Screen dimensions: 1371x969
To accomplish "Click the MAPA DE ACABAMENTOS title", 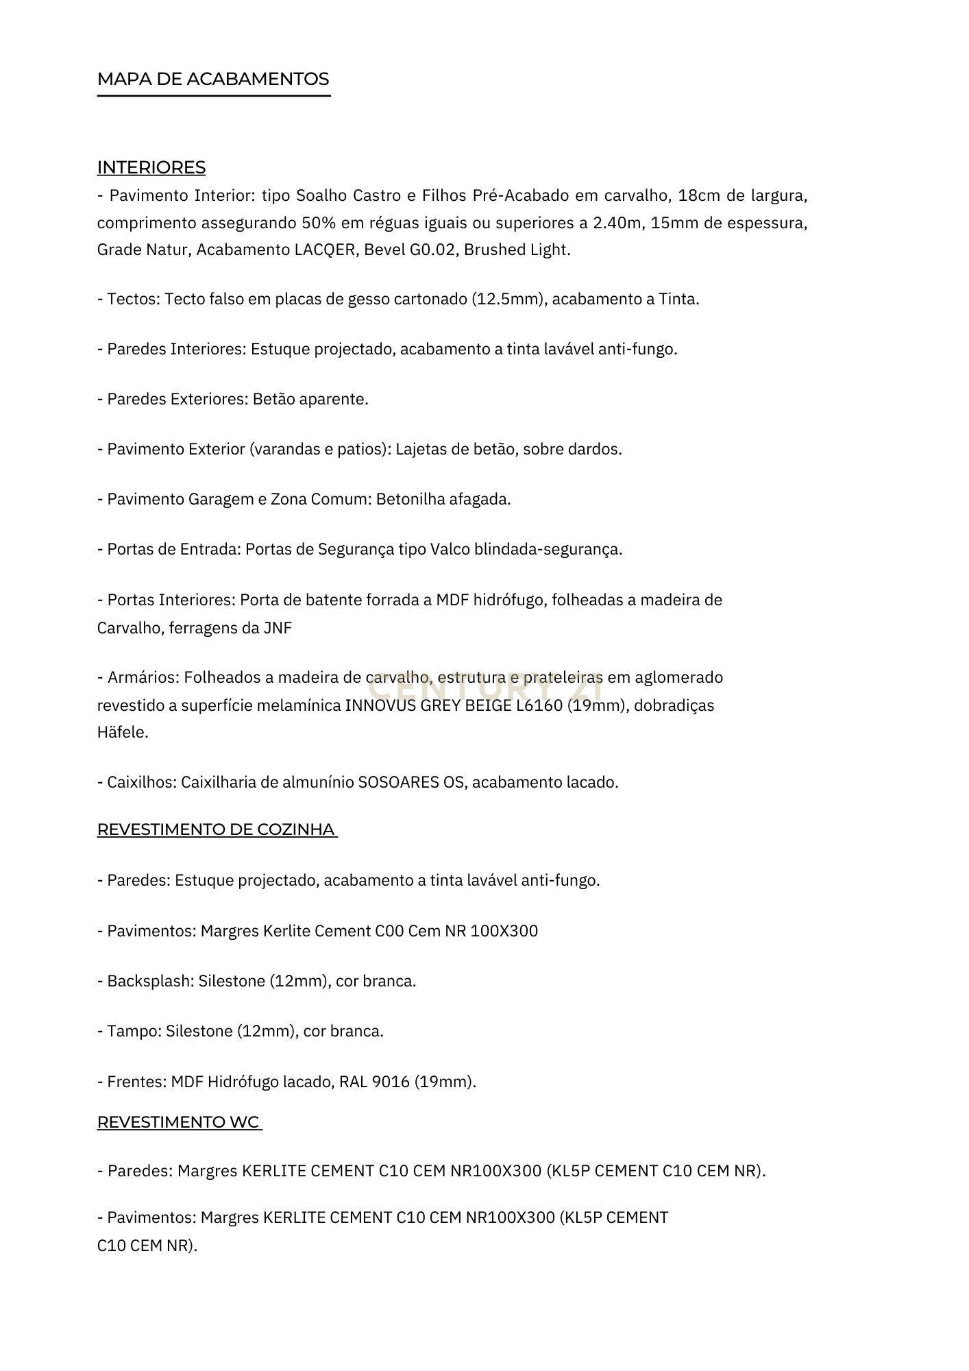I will pyautogui.click(x=213, y=80).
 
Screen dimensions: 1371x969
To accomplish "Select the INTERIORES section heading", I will pyautogui.click(x=151, y=168).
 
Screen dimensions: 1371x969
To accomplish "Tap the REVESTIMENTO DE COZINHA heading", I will pyautogui.click(x=217, y=829).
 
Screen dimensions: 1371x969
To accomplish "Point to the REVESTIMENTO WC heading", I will pyautogui.click(x=179, y=1122).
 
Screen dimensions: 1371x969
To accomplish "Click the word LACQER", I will pyautogui.click(x=326, y=250).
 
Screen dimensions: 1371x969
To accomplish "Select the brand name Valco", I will pyautogui.click(x=449, y=550).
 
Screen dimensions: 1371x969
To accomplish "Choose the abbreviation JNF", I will pyautogui.click(x=278, y=629).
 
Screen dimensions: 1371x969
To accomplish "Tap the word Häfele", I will pyautogui.click(x=122, y=733).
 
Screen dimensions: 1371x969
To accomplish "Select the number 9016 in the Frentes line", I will pyautogui.click(x=391, y=1082).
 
